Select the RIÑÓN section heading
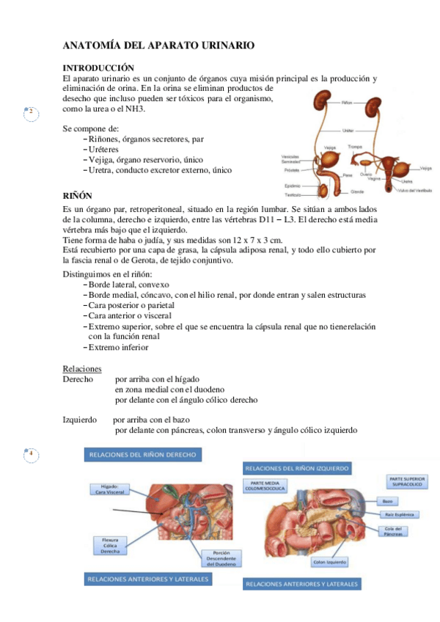point(78,197)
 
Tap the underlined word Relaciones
point(82,368)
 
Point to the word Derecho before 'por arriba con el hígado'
point(78,379)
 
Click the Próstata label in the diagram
point(292,169)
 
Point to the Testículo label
point(293,195)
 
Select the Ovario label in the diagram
point(367,175)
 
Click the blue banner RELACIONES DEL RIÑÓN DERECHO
point(142,455)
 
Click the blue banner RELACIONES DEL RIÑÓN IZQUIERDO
point(297,467)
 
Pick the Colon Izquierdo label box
point(329,563)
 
